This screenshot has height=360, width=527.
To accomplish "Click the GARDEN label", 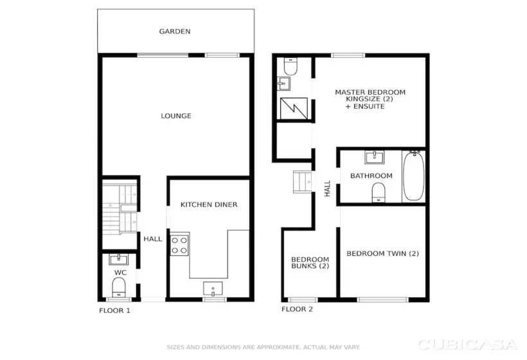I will pos(175,31).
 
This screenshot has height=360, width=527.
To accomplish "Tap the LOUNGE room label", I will pos(175,116).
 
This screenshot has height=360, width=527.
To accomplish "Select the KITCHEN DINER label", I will pos(209,204).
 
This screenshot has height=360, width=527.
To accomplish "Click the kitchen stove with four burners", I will pos(179,245).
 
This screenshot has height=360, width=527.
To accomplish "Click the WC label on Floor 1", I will pos(120,273).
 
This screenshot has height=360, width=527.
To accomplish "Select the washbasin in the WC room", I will pos(120,260).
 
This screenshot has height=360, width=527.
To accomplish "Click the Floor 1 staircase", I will pos(120,209).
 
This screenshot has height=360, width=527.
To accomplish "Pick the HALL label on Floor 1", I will pos(152,239).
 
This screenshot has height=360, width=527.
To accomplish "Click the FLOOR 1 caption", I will pos(114,310).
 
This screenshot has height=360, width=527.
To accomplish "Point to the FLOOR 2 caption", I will pos(297,309).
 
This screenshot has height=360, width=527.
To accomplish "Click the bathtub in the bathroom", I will pos(413,176).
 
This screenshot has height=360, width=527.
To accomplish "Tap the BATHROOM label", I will pos(371,176).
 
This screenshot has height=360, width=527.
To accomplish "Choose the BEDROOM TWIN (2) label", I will pos(382,253).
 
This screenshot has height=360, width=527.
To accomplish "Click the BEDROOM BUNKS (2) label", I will pos(310,262).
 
